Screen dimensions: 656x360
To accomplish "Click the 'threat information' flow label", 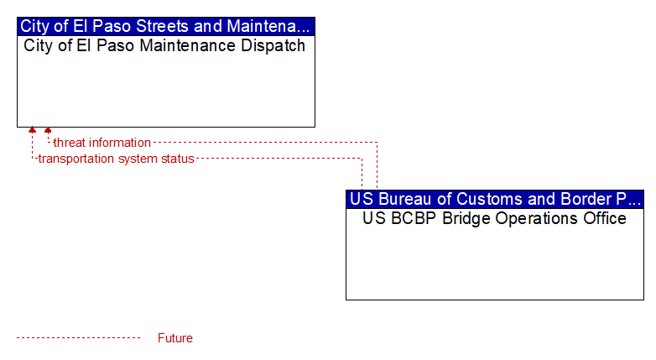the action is point(102,143).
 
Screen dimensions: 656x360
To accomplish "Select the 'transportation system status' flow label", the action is point(117,159).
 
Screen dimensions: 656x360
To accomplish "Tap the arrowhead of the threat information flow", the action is point(48,130).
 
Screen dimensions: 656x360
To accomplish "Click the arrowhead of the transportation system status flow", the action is point(32,130).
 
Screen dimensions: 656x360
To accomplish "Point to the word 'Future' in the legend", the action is point(174,338).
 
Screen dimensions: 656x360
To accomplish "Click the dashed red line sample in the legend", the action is point(78,338).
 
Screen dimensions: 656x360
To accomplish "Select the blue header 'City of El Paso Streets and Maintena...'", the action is point(166,26).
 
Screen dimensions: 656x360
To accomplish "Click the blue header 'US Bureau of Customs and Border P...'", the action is point(495,199).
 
